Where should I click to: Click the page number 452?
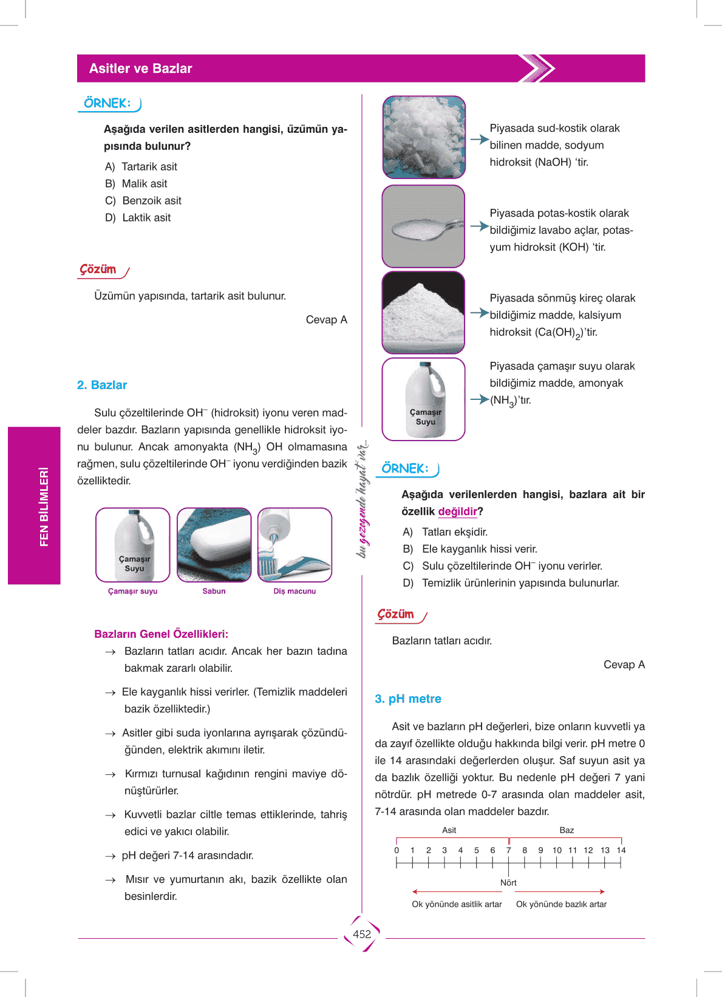pyautogui.click(x=362, y=934)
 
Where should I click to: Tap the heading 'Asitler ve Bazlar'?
pyautogui.click(x=140, y=69)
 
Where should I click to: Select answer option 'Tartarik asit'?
pyautogui.click(x=149, y=167)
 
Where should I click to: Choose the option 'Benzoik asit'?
pyautogui.click(x=151, y=201)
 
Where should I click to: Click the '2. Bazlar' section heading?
pyautogui.click(x=102, y=385)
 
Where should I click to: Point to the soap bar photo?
pyautogui.click(x=214, y=544)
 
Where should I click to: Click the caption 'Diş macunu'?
pyautogui.click(x=295, y=591)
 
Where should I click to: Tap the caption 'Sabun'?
pyautogui.click(x=214, y=591)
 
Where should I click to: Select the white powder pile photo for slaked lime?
pyautogui.click(x=423, y=313)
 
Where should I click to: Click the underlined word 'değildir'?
pyautogui.click(x=457, y=512)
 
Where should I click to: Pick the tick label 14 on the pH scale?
pyautogui.click(x=621, y=850)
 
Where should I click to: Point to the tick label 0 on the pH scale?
pyautogui.click(x=397, y=850)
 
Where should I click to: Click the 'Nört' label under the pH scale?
pyautogui.click(x=508, y=883)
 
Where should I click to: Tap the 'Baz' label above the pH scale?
pyautogui.click(x=567, y=830)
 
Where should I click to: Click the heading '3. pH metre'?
pyautogui.click(x=408, y=699)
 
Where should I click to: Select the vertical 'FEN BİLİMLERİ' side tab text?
pyautogui.click(x=44, y=507)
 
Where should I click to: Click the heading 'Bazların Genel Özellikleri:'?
pyautogui.click(x=161, y=634)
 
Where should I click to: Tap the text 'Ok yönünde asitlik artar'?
pyautogui.click(x=457, y=904)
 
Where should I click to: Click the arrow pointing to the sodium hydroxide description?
pyautogui.click(x=479, y=139)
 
